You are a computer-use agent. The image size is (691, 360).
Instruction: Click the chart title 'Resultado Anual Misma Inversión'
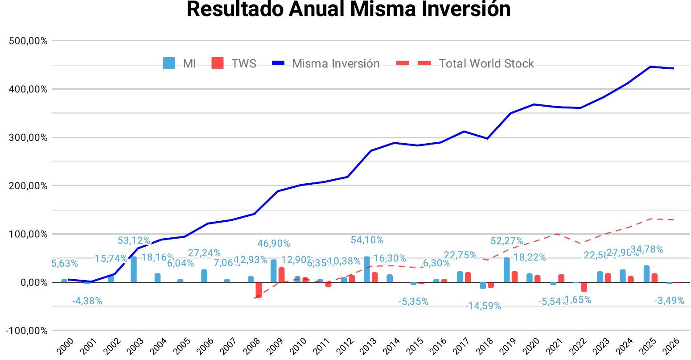[x=348, y=9]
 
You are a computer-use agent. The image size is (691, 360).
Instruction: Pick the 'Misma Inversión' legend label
[x=335, y=63]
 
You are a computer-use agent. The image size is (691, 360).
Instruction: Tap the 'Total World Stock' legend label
[x=486, y=63]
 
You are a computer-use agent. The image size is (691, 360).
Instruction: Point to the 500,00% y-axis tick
[x=28, y=41]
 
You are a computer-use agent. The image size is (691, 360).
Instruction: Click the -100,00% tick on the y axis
[x=26, y=331]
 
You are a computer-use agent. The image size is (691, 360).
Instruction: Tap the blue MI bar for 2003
[x=134, y=269]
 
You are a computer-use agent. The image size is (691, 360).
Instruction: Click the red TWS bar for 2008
[x=259, y=290]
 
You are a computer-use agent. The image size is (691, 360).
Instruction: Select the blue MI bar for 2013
[x=367, y=269]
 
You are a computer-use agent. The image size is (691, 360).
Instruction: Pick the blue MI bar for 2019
[x=507, y=270]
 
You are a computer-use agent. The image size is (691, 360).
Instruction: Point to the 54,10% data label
[x=367, y=240]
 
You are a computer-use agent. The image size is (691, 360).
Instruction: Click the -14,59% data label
[x=483, y=306]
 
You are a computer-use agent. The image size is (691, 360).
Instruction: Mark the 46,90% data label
[x=274, y=244]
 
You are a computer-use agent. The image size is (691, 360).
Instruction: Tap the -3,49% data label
[x=669, y=301]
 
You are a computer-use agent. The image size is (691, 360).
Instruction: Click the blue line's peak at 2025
[x=650, y=67]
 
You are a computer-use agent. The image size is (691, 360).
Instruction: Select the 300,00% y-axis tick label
[x=28, y=137]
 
